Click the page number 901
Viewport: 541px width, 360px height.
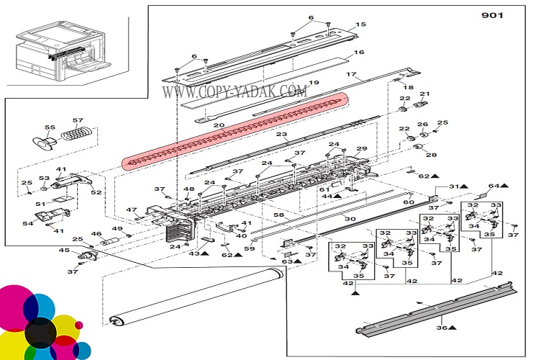click(492, 16)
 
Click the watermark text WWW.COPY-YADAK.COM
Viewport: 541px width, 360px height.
click(235, 91)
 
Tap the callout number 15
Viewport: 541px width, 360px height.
click(361, 26)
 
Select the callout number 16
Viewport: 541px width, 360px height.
click(359, 53)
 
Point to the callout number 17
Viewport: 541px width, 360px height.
click(351, 74)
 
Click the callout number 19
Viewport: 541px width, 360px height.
click(313, 84)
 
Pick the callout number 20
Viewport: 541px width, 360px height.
click(219, 127)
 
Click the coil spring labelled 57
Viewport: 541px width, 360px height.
click(75, 133)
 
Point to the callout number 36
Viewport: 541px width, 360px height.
click(441, 328)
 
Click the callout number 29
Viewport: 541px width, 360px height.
click(362, 148)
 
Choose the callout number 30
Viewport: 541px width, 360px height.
click(350, 218)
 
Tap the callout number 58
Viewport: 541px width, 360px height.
click(278, 215)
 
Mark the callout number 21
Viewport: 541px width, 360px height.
click(424, 94)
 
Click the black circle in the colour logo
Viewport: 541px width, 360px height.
click(40, 331)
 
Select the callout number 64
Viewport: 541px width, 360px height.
click(493, 186)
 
